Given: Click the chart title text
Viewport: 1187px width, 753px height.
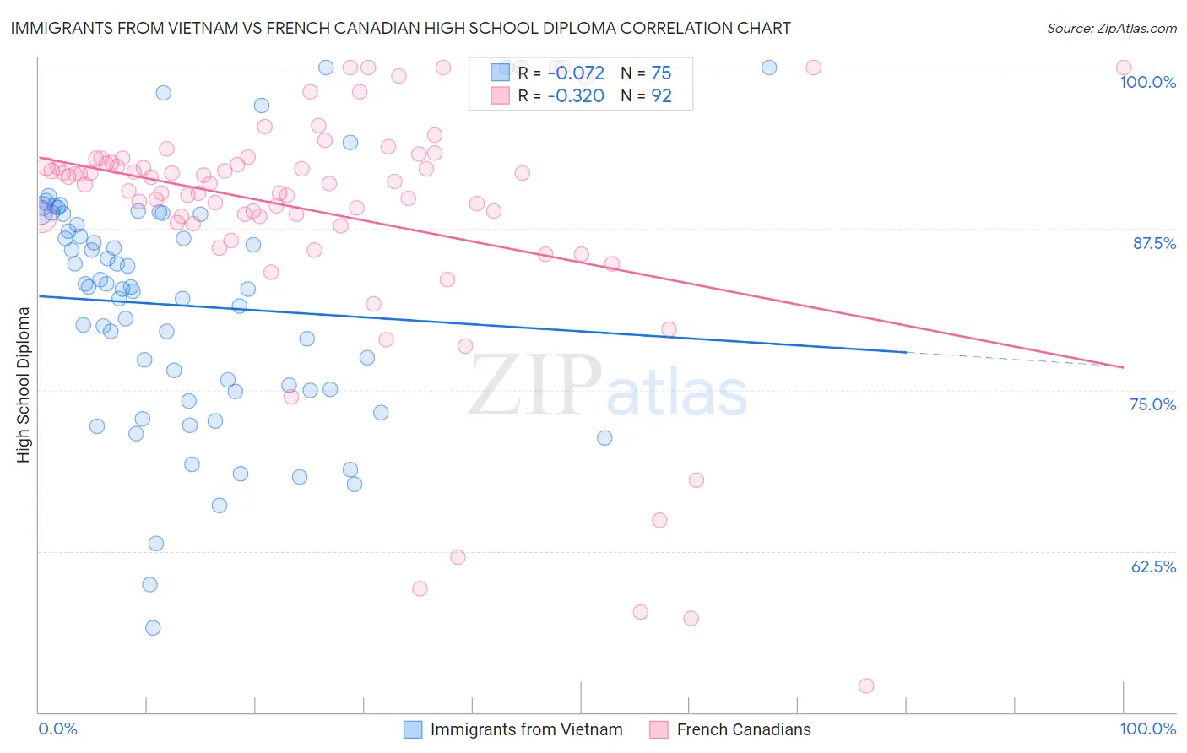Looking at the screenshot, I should pos(401,28).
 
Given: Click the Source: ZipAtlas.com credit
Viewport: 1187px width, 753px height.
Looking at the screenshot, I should pos(1111,28).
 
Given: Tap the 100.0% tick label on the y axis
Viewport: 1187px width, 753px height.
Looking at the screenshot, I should pos(1147,82).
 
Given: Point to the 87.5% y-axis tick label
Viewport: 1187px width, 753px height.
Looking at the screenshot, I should pos(1154,243).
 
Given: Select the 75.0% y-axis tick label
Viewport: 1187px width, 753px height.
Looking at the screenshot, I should pos(1152,404).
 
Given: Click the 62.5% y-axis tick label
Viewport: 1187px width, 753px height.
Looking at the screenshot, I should pos(1153,566).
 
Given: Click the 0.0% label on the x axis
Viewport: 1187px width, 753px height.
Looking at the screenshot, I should pos(57,729).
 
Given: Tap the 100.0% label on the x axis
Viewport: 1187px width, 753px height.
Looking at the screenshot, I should pos(1147,729).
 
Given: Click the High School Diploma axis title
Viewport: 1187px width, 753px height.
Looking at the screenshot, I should pos(24,384).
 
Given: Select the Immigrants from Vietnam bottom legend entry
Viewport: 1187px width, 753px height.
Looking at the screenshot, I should pos(526,729).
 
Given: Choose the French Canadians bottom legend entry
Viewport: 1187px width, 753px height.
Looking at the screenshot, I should pos(743,729).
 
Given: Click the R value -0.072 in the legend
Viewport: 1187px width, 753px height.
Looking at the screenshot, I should pos(576,73).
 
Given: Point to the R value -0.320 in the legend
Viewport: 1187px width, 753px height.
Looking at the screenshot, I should pos(576,96).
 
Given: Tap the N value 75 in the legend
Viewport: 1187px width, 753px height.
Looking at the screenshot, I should pos(661,73).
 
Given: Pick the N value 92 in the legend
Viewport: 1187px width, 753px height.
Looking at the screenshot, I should pos(661,96).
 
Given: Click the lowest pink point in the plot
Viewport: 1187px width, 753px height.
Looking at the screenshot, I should pos(865,686).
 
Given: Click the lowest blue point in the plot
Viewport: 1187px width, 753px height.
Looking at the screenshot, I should pos(153,627).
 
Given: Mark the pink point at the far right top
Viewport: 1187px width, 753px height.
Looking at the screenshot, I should pos(1123,68).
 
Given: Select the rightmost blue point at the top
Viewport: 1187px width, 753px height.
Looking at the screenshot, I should pos(769,68).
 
